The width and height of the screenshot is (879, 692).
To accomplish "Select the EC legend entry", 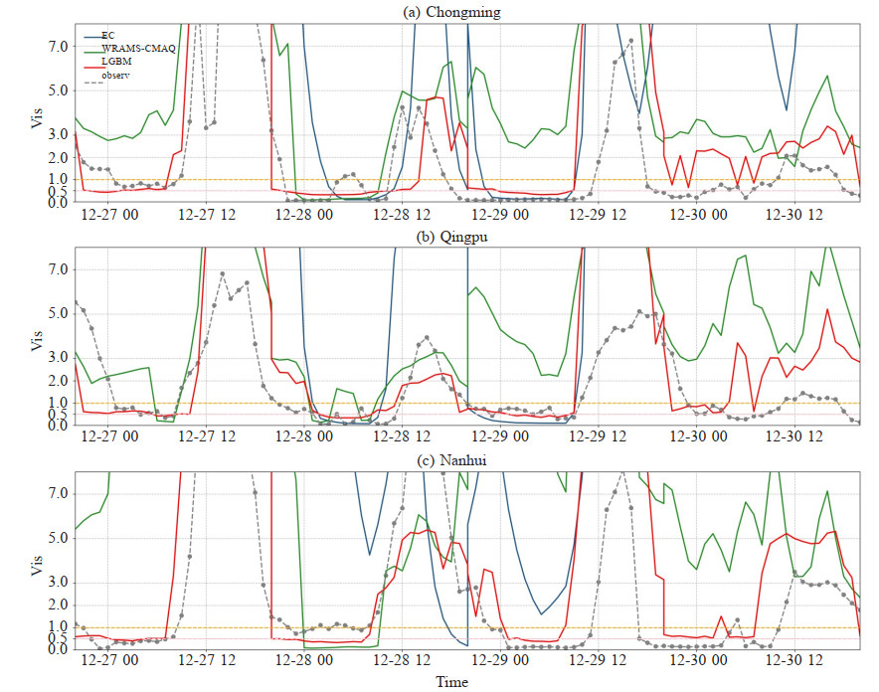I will tap(108, 35).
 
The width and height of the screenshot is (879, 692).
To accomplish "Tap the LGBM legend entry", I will tap(116, 62).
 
